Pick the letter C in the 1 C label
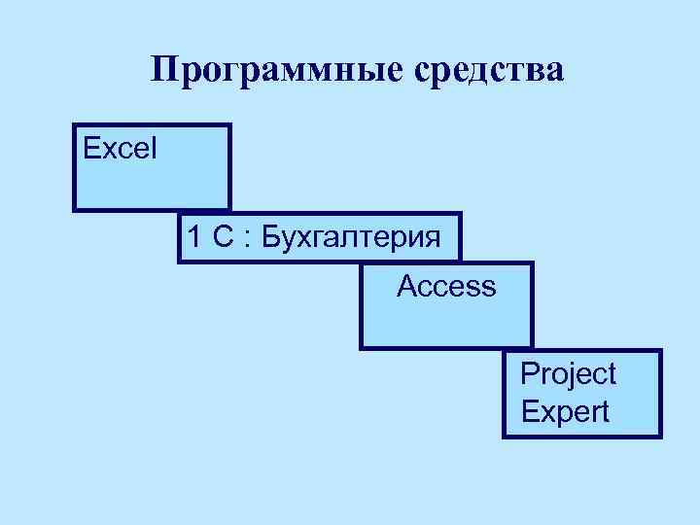[222, 237]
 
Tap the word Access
[446, 287]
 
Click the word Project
[569, 373]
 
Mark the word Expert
[566, 411]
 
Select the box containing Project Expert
[583, 394]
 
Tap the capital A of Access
[406, 287]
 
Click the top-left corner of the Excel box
[74, 124]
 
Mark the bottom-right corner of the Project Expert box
[660, 436]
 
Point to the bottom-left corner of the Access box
[362, 347]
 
